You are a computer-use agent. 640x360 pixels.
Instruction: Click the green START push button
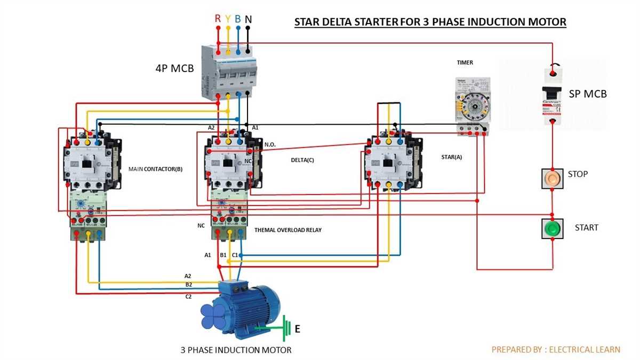(x=553, y=229)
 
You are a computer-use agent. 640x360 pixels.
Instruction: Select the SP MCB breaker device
(x=555, y=95)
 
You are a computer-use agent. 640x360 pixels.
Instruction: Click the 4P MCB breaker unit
(x=229, y=72)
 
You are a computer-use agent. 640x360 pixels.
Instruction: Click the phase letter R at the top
(x=218, y=19)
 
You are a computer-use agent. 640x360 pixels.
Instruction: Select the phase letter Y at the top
(x=228, y=19)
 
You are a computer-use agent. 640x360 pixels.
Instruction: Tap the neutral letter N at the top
(x=249, y=19)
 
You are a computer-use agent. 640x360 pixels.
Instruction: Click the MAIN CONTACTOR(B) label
(x=155, y=169)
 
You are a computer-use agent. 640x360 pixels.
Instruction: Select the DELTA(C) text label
(x=302, y=159)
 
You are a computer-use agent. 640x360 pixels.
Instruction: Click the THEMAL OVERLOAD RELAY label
(x=288, y=230)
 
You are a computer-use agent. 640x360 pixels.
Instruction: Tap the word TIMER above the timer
(x=465, y=62)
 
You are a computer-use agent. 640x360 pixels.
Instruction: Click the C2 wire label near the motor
(x=188, y=297)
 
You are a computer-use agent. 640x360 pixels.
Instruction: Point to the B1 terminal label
(x=223, y=255)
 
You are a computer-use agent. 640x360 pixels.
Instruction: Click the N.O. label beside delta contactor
(x=270, y=145)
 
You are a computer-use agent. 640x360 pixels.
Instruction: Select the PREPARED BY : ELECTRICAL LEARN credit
(x=556, y=349)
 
